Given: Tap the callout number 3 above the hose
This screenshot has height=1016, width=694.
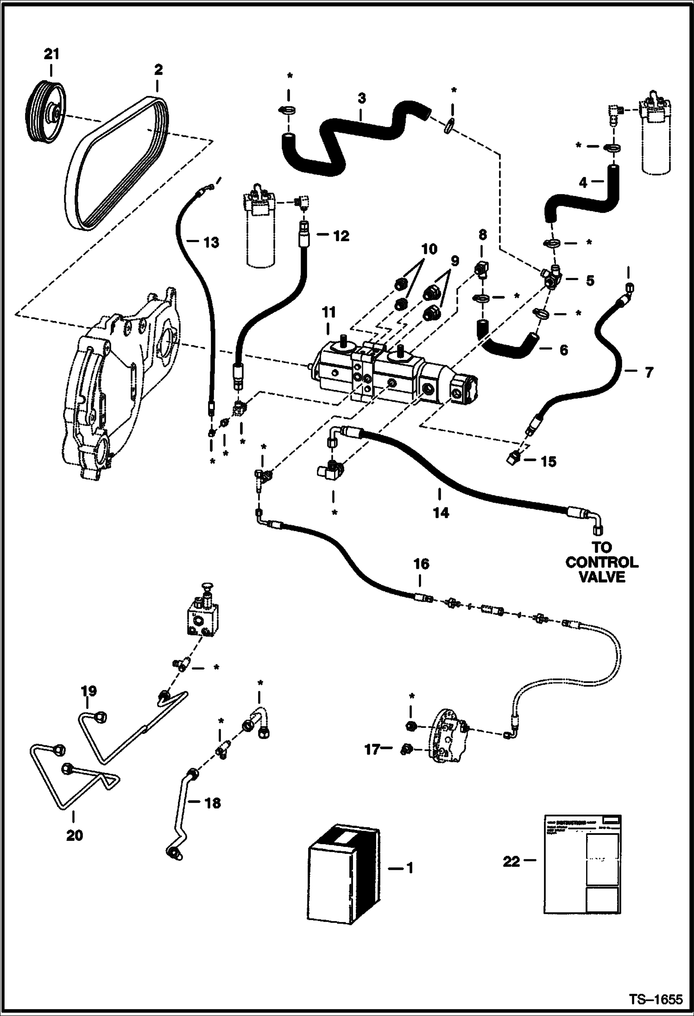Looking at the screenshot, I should (x=362, y=99).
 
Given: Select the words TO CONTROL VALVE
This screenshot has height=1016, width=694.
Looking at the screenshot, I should (x=601, y=562).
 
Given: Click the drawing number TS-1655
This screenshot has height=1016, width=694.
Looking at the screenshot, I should (x=655, y=999).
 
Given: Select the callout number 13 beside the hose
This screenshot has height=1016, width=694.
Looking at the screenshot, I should (x=211, y=242).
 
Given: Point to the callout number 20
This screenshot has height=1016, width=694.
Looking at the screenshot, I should (x=75, y=835).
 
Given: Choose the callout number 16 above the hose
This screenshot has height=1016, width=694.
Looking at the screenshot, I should (x=422, y=564).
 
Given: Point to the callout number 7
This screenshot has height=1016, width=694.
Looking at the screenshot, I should (x=648, y=372).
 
